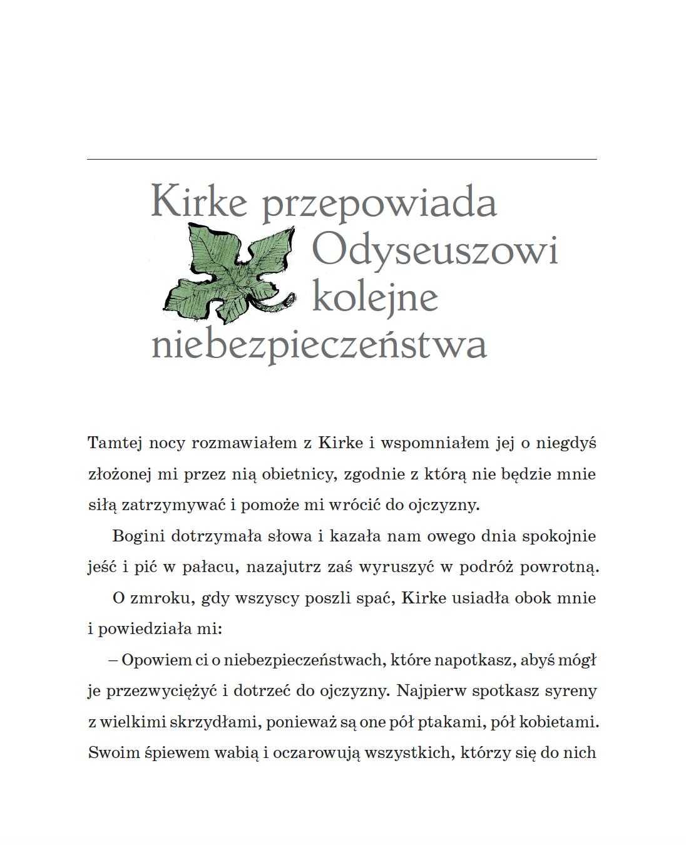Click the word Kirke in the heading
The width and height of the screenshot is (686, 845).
[x=200, y=202]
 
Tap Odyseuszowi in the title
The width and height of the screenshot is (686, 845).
[x=434, y=250]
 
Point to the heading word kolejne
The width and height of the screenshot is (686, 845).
[x=374, y=297]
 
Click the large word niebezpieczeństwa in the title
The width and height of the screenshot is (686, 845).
[x=319, y=345]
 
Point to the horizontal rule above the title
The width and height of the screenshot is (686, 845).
[x=342, y=160]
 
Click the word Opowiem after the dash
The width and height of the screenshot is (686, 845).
[x=151, y=660]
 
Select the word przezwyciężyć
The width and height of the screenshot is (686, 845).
[x=161, y=692]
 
